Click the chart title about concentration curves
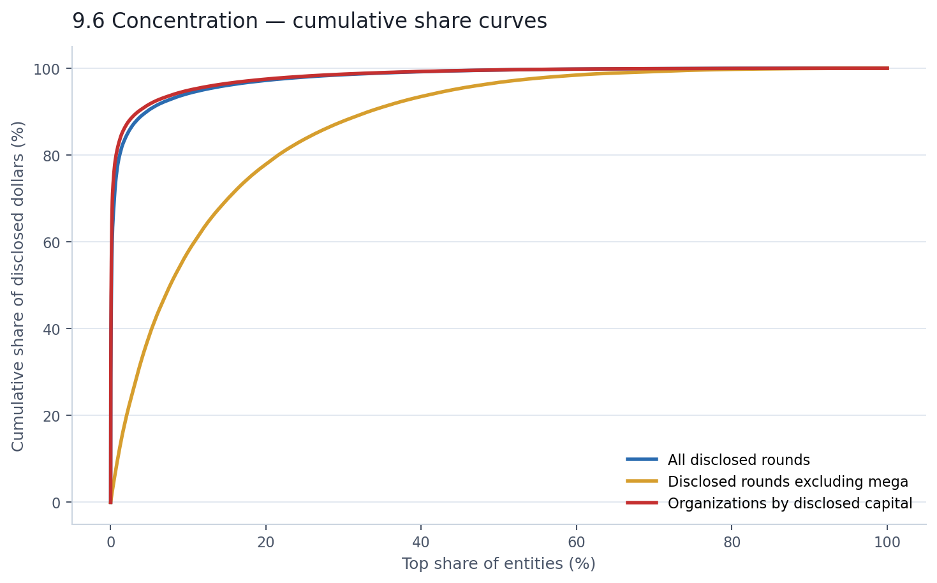pyautogui.click(x=309, y=21)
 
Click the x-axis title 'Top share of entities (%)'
pyautogui.click(x=498, y=564)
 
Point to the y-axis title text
pyautogui.click(x=18, y=286)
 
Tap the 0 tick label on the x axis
pyautogui.click(x=110, y=543)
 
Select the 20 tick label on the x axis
pyautogui.click(x=266, y=543)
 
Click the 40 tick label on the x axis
pyautogui.click(x=421, y=543)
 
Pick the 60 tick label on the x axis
pyautogui.click(x=577, y=543)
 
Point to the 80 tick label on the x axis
pyautogui.click(x=732, y=543)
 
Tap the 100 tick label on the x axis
pyautogui.click(x=887, y=543)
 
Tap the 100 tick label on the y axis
pyautogui.click(x=50, y=69)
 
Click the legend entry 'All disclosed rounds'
pyautogui.click(x=739, y=460)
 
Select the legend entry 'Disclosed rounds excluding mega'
pyautogui.click(x=788, y=482)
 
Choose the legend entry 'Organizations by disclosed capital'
pyautogui.click(x=790, y=503)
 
